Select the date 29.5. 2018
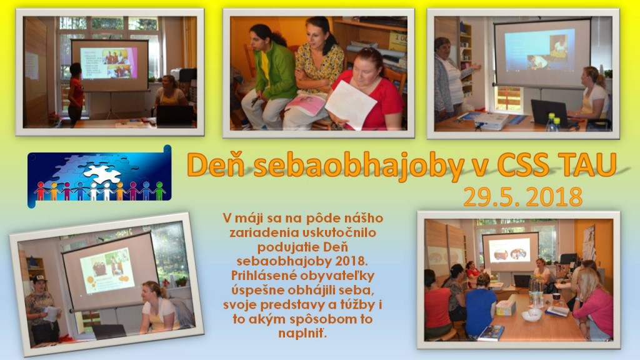click(x=523, y=197)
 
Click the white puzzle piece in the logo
click(x=102, y=174)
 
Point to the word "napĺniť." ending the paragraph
click(x=302, y=333)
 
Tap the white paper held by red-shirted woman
click(x=350, y=104)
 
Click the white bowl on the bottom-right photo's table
click(x=532, y=315)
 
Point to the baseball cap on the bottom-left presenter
click(x=39, y=279)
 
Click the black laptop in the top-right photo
click(x=549, y=113)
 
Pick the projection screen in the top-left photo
click(x=110, y=65)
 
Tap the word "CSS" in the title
click(x=523, y=164)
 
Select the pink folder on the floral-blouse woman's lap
click(x=305, y=104)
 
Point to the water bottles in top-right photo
click(x=553, y=122)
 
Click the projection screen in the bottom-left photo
click(x=109, y=271)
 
